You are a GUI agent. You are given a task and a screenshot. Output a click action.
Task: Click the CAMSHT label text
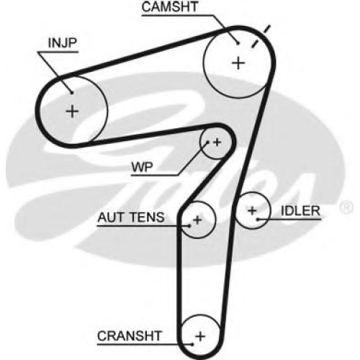[170, 6]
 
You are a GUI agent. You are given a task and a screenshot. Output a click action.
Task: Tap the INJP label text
[63, 43]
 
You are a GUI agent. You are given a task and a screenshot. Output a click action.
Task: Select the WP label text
[142, 167]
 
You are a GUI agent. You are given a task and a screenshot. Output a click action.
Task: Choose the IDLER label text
[300, 211]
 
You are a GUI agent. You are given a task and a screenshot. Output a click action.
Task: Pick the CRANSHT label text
[130, 336]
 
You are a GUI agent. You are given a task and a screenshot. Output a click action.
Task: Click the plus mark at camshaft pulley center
[238, 63]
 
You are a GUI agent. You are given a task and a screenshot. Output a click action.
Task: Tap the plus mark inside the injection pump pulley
[72, 112]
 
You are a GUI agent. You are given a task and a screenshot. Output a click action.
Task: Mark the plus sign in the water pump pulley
[217, 143]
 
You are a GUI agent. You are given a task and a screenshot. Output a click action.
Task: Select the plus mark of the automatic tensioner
[197, 220]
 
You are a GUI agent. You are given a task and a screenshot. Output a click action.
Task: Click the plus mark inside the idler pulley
[252, 210]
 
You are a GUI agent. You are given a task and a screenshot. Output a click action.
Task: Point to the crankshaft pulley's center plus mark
[200, 336]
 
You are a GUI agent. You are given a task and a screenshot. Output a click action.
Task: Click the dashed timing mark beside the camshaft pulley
[261, 37]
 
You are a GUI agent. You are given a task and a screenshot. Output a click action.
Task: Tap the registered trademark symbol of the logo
[346, 207]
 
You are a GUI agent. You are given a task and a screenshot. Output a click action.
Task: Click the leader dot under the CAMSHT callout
[238, 43]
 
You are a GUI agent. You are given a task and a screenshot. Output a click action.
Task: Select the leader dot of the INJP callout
[71, 93]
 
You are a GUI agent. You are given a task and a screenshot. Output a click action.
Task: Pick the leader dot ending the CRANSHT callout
[192, 345]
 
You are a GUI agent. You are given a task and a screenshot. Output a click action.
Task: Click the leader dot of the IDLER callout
[258, 219]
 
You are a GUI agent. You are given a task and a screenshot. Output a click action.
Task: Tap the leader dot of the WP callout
[208, 143]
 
